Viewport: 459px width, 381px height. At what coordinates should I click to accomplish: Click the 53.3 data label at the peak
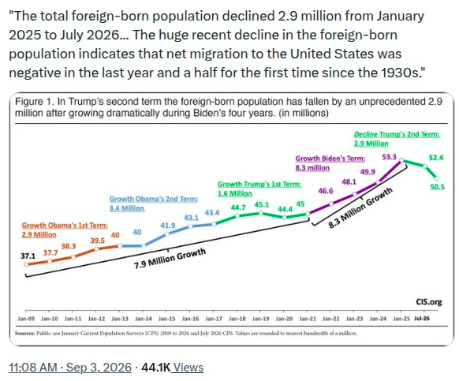[x=389, y=157]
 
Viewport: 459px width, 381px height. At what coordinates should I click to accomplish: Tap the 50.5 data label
[x=437, y=187]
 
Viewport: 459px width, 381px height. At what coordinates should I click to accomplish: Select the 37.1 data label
[x=28, y=256]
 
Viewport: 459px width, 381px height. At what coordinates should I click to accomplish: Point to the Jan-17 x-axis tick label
[x=214, y=319]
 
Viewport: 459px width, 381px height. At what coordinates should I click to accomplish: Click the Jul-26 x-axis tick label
[x=422, y=319]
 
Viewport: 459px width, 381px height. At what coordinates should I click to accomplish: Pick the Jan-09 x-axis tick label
[x=26, y=319]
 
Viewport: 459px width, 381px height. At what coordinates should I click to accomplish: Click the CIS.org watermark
[x=429, y=302]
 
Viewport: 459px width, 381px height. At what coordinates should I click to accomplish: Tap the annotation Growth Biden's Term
[x=330, y=159]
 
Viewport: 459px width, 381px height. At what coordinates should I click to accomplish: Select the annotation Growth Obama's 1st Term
[x=65, y=226]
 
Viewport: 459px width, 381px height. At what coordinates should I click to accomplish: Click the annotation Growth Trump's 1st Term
[x=260, y=185]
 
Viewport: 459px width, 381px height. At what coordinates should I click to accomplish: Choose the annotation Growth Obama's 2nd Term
[x=154, y=199]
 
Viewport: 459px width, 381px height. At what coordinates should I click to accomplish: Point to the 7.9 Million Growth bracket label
[x=170, y=259]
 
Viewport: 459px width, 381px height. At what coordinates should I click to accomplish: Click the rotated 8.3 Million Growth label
[x=360, y=207]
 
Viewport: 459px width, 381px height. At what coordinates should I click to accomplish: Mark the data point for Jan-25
[x=401, y=160]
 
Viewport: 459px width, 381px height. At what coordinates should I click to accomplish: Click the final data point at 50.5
[x=437, y=178]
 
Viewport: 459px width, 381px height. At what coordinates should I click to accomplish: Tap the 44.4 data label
[x=285, y=209]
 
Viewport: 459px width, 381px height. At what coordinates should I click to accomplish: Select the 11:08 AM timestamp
[x=33, y=368]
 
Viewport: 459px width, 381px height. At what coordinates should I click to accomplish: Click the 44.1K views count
[x=155, y=368]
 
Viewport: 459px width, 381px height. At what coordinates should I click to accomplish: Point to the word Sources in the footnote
[x=25, y=333]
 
